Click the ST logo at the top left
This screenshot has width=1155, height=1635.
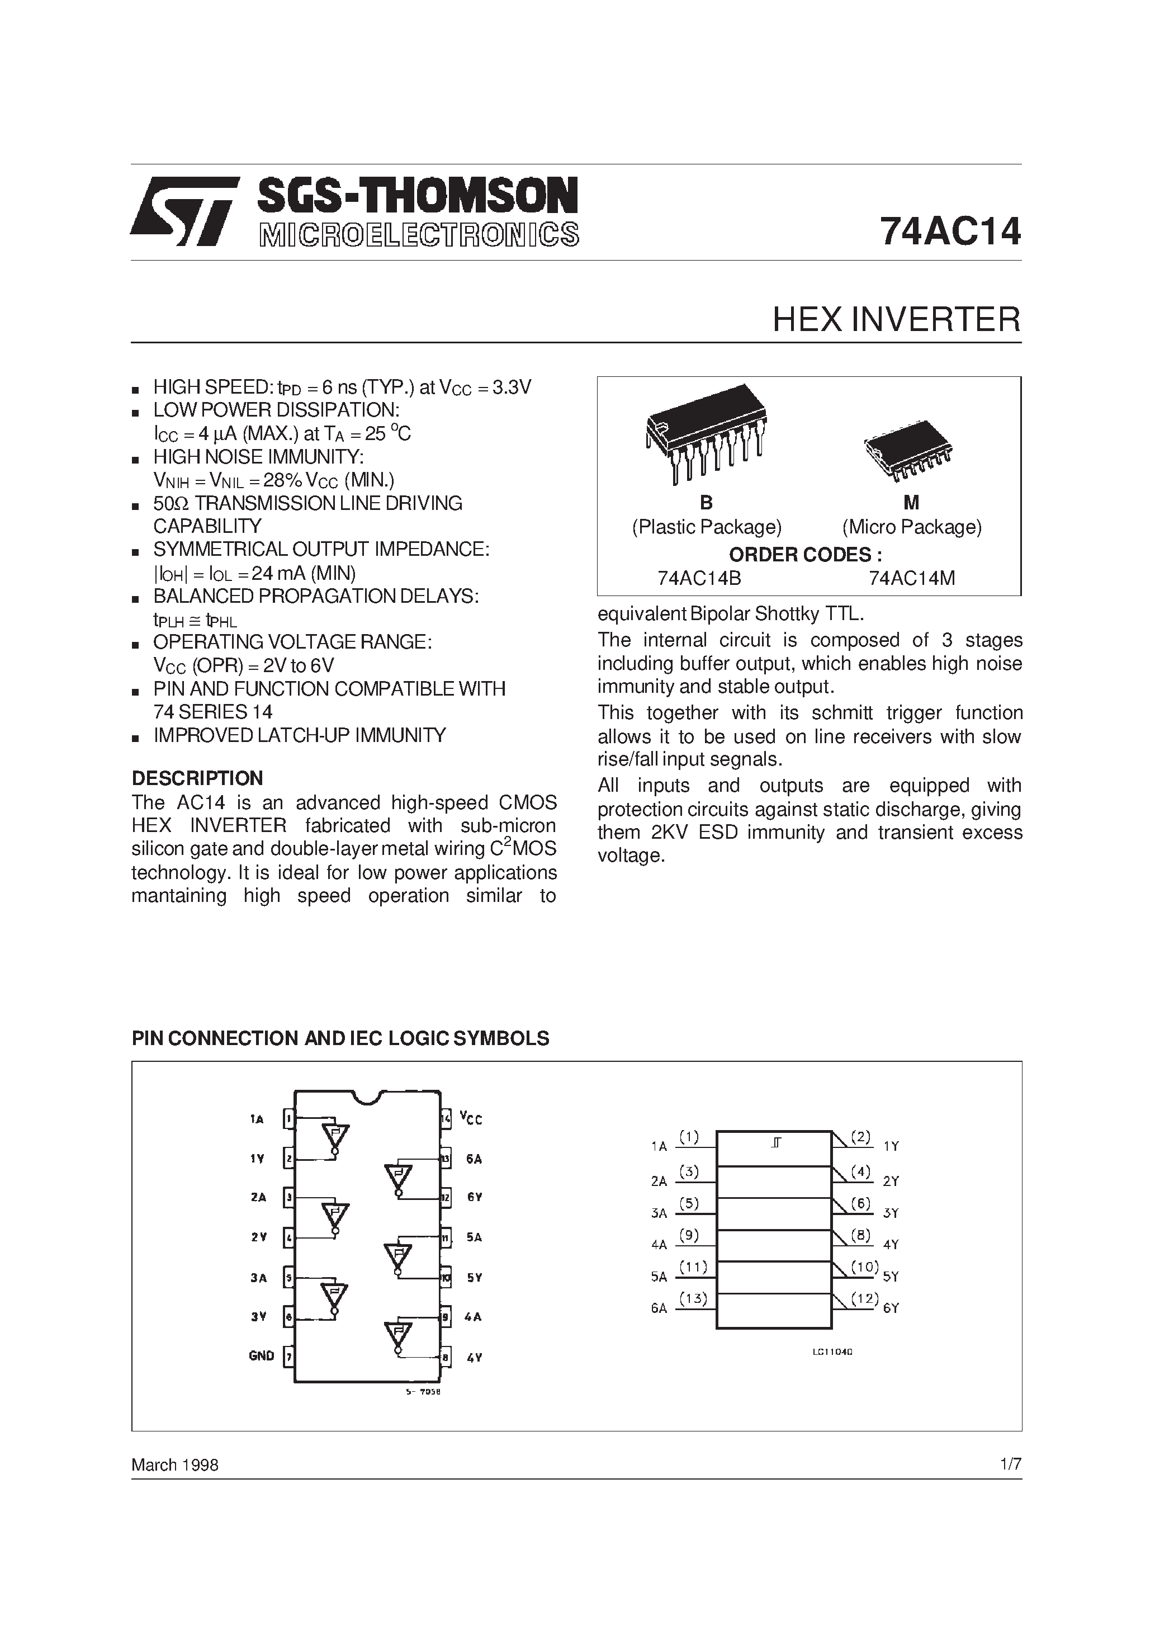184,211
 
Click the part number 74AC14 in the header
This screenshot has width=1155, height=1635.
950,231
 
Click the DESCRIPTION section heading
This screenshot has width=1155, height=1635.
197,778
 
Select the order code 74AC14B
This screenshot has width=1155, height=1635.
699,578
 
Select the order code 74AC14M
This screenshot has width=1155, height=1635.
911,578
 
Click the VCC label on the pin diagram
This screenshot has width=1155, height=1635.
471,1119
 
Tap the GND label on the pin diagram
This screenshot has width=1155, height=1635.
261,1356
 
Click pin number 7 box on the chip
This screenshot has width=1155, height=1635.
288,1356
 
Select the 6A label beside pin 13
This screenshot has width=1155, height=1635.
474,1159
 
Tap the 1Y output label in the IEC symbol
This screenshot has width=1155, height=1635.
891,1146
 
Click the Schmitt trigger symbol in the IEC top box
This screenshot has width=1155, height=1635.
775,1143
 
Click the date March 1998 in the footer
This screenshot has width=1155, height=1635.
174,1465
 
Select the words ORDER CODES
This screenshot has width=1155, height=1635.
804,555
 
